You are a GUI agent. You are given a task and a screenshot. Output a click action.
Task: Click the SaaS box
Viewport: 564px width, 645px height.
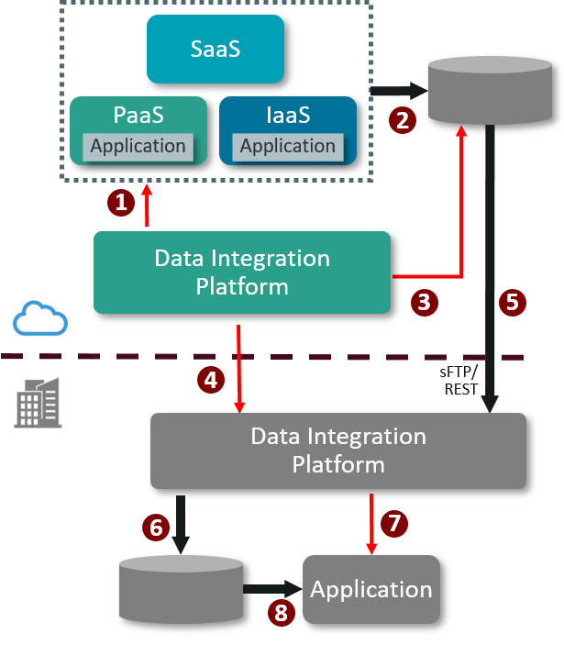[x=216, y=49]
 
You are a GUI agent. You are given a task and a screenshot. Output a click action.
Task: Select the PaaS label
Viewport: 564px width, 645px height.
[x=138, y=116]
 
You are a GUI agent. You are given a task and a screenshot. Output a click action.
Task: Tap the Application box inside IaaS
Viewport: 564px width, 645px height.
[x=287, y=146]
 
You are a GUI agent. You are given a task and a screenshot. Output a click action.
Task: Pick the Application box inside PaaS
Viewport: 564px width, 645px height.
[x=138, y=146]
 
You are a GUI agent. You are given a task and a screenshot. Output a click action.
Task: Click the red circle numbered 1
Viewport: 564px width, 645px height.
[x=121, y=202]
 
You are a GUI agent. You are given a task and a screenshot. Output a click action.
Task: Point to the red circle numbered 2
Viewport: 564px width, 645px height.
[x=402, y=119]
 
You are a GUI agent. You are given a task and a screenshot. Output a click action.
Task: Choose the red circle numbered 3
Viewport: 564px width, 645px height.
[x=424, y=302]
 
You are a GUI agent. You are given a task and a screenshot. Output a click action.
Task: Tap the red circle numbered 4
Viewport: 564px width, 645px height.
[x=212, y=379]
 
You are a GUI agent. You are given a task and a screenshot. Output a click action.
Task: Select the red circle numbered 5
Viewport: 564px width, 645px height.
[x=512, y=302]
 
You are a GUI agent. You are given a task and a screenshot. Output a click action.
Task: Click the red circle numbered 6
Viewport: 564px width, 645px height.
[x=157, y=527]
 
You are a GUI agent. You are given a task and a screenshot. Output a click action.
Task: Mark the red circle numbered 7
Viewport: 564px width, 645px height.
[x=394, y=523]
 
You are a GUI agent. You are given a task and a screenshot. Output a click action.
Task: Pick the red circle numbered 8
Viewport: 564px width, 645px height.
[x=282, y=612]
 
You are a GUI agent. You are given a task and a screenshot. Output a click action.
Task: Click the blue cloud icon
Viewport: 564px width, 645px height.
[x=40, y=320]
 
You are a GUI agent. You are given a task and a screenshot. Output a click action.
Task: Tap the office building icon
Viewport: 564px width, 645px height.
[x=39, y=403]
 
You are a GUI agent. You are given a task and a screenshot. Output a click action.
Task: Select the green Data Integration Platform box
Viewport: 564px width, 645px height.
[x=242, y=272]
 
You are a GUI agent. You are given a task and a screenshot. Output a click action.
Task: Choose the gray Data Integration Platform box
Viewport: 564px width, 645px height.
[x=337, y=450]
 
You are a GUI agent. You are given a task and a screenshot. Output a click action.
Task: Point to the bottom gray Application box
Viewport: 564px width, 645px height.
[x=371, y=589]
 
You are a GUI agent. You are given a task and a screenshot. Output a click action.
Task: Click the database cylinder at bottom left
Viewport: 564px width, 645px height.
[x=182, y=588]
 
